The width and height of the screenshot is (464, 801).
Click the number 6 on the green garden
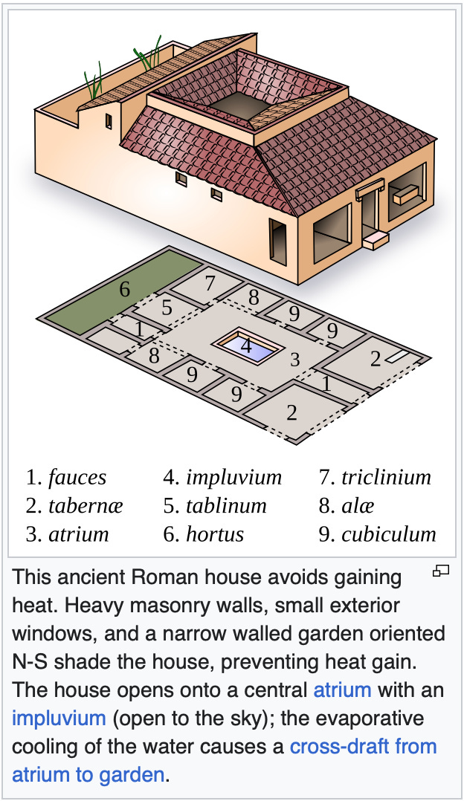coord(124,290)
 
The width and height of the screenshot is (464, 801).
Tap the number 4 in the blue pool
coord(246,346)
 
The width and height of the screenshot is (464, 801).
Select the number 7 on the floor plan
coord(210,283)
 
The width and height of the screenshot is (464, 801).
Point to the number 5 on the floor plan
coord(167,308)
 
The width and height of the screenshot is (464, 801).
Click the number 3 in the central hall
coord(294,360)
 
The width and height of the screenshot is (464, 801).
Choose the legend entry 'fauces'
coord(77,478)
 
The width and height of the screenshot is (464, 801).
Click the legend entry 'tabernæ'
coord(85,506)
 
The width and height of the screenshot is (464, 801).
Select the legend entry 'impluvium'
coord(233,478)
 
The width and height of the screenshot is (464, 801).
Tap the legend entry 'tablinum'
coord(225,506)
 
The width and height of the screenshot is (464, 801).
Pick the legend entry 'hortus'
coord(214,534)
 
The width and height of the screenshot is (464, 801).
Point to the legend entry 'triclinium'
coord(385,478)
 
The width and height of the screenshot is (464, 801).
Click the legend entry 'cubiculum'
coord(388,534)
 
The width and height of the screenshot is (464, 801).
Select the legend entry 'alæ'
coord(357,506)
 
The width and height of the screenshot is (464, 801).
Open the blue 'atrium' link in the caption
coord(342,690)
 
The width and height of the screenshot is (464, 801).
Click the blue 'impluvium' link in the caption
coord(59,719)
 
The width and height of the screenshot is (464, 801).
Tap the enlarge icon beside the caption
coord(442,571)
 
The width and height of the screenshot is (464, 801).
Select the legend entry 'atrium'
coord(78,534)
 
